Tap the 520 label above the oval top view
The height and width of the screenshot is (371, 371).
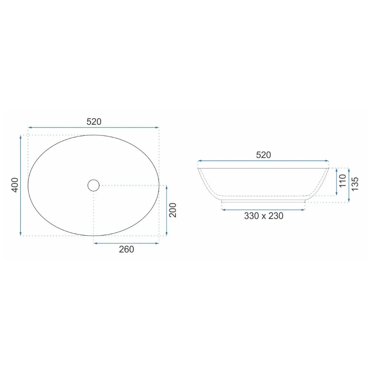point(94,122)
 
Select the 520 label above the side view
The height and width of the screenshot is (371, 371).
point(263,155)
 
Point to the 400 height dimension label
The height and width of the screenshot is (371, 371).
point(15,185)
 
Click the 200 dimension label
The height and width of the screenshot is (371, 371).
point(173,210)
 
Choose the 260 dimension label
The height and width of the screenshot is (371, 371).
point(127,249)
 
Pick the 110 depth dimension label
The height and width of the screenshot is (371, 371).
point(342,181)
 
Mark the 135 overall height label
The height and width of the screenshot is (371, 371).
point(355,184)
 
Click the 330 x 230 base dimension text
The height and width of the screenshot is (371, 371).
point(263,216)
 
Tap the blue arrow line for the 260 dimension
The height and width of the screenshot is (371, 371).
point(127,243)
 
